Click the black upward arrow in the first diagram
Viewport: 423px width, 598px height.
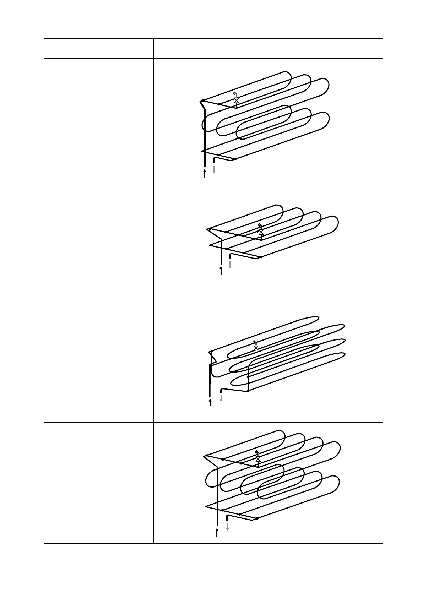205,173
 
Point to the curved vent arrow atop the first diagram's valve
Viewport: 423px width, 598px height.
235,94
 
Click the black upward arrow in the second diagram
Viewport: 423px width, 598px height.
221,271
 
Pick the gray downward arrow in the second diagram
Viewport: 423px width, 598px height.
230,264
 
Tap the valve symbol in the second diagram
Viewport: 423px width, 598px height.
261,232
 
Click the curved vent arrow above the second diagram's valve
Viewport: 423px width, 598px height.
260,225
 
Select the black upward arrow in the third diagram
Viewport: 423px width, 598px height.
210,402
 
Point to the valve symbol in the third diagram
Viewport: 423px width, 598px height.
255,348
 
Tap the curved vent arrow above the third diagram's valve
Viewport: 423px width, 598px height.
255,342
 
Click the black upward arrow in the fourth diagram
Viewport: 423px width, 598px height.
217,532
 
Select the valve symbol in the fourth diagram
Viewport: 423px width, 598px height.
258,460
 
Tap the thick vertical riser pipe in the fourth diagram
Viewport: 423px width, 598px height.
217,497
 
